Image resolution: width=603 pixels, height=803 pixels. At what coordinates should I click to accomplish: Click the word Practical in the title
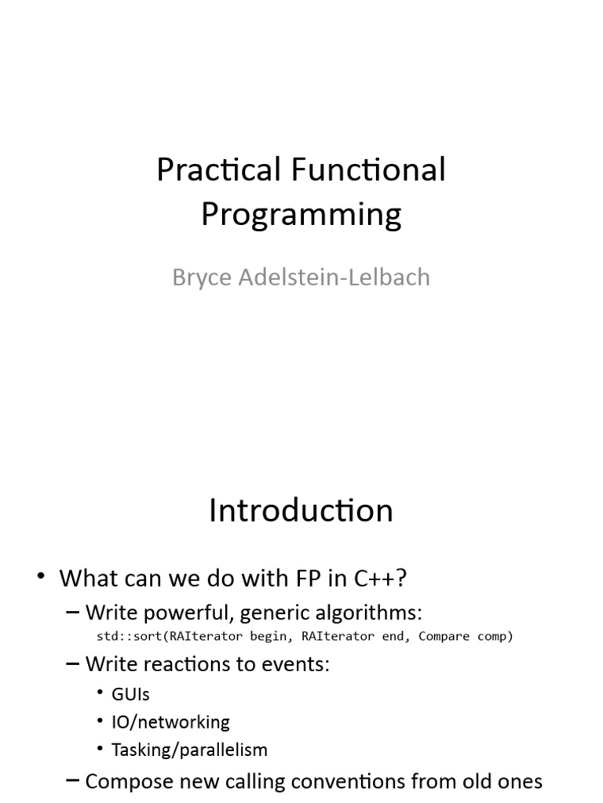(219, 169)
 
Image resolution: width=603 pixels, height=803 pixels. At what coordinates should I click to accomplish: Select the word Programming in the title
(301, 215)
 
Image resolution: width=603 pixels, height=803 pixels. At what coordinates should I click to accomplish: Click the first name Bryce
(202, 278)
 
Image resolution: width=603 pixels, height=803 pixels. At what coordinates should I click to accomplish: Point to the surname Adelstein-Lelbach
(334, 277)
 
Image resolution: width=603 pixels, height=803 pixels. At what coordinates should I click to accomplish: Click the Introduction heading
(301, 511)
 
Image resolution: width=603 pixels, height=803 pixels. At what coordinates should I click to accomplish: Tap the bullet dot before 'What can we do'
(41, 576)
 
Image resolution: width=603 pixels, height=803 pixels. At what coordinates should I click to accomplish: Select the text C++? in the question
(380, 578)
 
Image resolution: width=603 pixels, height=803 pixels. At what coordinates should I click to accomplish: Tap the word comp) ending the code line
(495, 637)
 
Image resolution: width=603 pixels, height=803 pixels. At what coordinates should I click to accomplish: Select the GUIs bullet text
(131, 695)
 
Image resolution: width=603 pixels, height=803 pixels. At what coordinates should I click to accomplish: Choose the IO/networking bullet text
(170, 722)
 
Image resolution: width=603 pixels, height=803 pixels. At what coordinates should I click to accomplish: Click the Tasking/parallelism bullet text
(190, 750)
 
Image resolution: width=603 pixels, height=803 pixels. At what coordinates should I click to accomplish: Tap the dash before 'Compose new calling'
(73, 781)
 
